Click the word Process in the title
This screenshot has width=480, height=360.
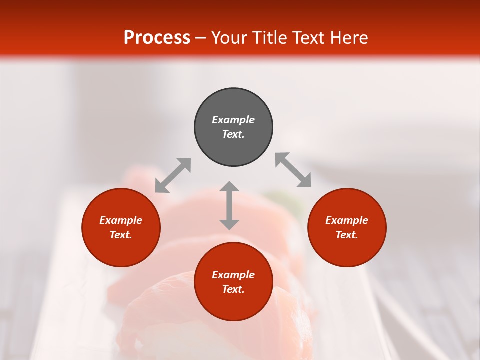click(157, 38)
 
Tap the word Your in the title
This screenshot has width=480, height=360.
click(230, 38)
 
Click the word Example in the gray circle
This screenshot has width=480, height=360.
click(233, 120)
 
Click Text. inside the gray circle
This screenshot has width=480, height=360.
click(233, 134)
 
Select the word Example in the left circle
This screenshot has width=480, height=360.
click(121, 220)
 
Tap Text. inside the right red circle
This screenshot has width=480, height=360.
click(347, 235)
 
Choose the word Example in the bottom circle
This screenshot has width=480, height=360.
click(233, 275)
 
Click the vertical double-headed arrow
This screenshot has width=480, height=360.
click(229, 205)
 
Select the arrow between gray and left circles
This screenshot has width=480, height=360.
click(173, 175)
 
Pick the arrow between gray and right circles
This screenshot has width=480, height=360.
click(293, 170)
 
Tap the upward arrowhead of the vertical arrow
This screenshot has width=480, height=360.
click(229, 187)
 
